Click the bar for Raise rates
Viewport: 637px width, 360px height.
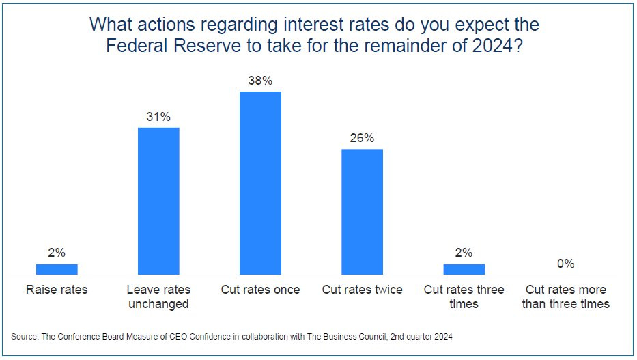pyautogui.click(x=57, y=269)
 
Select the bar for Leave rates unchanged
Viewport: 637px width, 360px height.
pyautogui.click(x=158, y=201)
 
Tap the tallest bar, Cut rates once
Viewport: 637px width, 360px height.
pyautogui.click(x=260, y=182)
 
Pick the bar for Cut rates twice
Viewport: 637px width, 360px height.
pyautogui.click(x=362, y=212)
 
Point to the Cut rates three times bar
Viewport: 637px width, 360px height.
pyautogui.click(x=464, y=269)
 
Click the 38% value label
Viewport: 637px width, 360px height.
pyautogui.click(x=260, y=81)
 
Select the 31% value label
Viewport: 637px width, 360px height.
pyautogui.click(x=158, y=117)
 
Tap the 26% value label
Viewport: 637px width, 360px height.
pyautogui.click(x=362, y=138)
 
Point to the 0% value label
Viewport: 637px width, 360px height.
pyautogui.click(x=565, y=264)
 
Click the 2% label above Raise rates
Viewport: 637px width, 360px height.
pyautogui.click(x=57, y=253)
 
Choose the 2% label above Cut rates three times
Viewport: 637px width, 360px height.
pyautogui.click(x=464, y=253)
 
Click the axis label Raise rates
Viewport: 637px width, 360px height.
pyautogui.click(x=57, y=290)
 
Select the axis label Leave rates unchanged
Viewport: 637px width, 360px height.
pyautogui.click(x=158, y=296)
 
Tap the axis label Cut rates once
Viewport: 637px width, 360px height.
pyautogui.click(x=260, y=290)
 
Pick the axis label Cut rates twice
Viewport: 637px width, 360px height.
pyautogui.click(x=362, y=290)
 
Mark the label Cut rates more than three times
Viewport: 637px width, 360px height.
pyautogui.click(x=565, y=296)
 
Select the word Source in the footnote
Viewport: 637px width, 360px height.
pyautogui.click(x=25, y=337)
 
